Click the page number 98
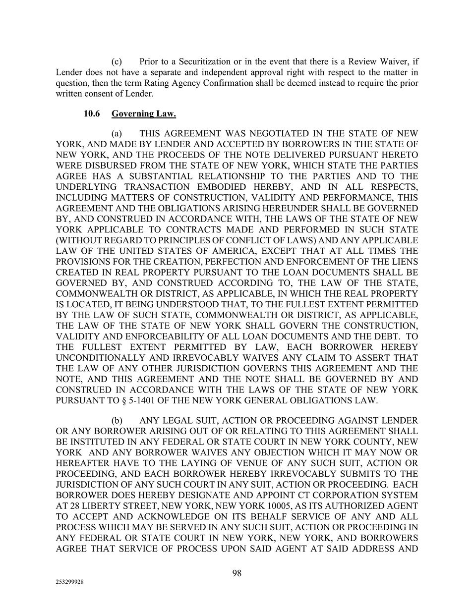(237, 573)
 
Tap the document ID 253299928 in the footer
(70, 583)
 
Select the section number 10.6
(92, 114)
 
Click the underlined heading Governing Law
(144, 114)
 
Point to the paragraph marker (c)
(117, 62)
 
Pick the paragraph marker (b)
(117, 421)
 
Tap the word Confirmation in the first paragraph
(227, 83)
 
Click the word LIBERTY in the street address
(100, 506)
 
